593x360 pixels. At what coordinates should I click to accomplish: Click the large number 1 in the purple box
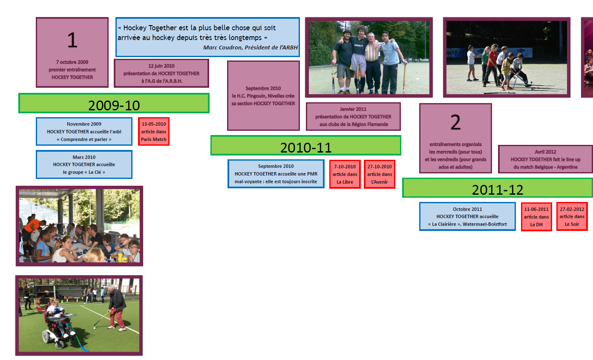[x=72, y=40]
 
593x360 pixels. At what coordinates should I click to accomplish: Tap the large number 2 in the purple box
[x=455, y=122]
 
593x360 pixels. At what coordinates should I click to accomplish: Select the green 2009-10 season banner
[x=114, y=103]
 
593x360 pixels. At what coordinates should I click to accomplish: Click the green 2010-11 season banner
[x=306, y=145]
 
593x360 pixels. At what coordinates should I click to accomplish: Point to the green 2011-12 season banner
[x=498, y=188]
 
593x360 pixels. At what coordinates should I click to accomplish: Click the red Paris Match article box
[x=154, y=132]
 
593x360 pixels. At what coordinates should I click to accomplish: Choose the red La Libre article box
[x=345, y=174]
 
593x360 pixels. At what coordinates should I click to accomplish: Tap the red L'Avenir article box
[x=380, y=174]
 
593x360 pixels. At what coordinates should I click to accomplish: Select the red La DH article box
[x=536, y=217]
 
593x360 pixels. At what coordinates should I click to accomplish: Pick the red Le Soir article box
[x=572, y=216]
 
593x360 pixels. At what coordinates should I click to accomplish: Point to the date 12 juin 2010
[x=161, y=66]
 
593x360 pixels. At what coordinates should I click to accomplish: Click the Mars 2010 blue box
[x=84, y=164]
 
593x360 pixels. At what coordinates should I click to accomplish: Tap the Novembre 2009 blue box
[x=84, y=132]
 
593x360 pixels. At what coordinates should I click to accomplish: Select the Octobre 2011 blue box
[x=467, y=216]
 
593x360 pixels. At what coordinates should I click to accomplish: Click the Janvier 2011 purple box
[x=353, y=117]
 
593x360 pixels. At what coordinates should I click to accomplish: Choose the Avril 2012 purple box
[x=545, y=159]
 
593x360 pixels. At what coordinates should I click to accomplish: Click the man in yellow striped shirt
[x=372, y=63]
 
